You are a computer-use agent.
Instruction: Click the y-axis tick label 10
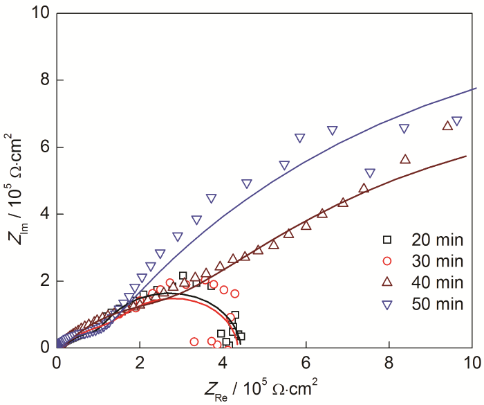[x=40, y=13]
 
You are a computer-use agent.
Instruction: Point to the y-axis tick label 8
[x=44, y=80]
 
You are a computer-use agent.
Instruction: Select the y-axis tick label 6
[x=44, y=147]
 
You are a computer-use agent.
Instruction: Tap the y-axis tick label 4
[x=44, y=215]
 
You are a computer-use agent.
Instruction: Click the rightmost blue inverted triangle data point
[x=456, y=121]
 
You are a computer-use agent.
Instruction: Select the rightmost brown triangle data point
[x=447, y=125]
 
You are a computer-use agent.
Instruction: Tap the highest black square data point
[x=183, y=276]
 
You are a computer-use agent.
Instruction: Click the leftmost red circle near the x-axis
[x=194, y=341]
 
